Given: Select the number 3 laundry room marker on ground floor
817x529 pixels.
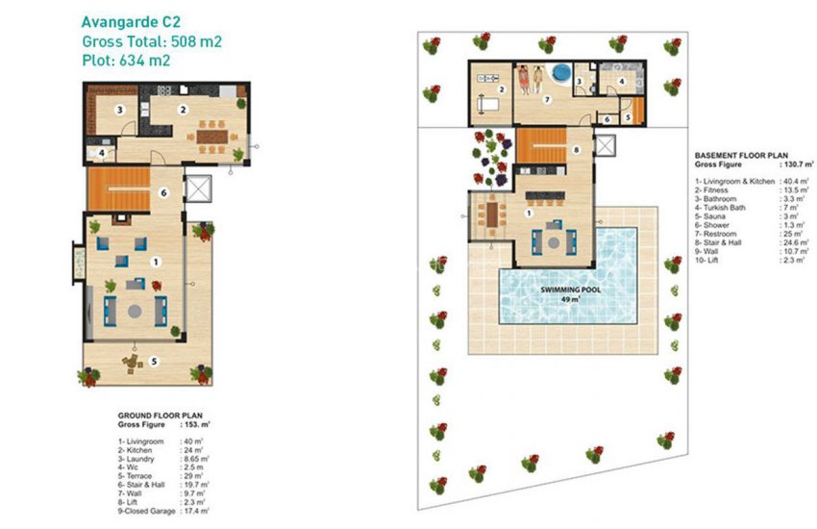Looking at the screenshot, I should [x=119, y=111].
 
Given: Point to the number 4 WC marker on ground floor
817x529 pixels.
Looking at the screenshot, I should [x=101, y=152].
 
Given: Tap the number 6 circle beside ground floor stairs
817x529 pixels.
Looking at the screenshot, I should [x=164, y=192].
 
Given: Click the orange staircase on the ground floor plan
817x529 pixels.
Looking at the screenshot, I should [x=118, y=189].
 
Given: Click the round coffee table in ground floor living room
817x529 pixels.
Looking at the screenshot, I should [x=135, y=310].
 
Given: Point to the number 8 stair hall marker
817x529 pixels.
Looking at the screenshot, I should [x=575, y=149].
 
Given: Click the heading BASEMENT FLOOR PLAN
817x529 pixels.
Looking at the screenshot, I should [x=739, y=155].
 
